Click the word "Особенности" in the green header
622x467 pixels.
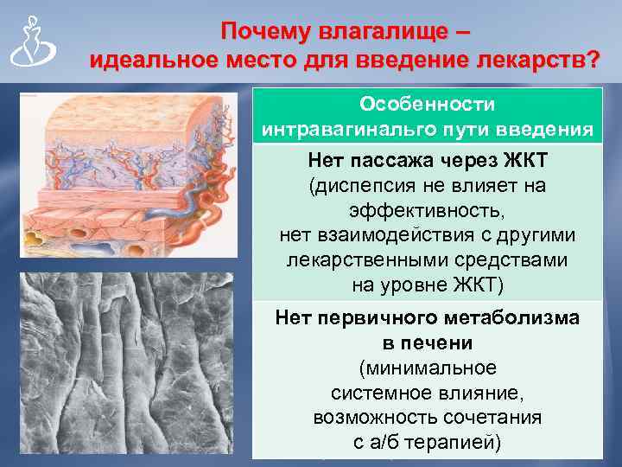click(x=428, y=104)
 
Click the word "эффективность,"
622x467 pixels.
click(x=427, y=210)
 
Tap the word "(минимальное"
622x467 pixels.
click(x=427, y=368)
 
